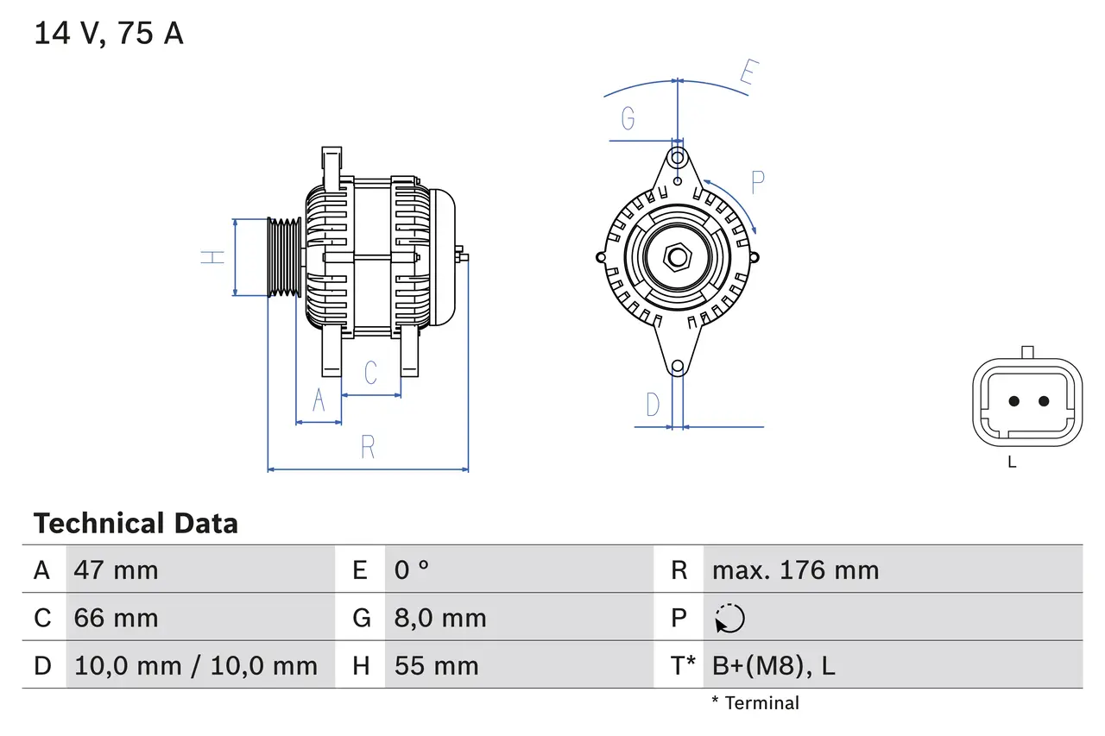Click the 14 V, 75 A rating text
click(x=109, y=34)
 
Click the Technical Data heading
click(x=136, y=524)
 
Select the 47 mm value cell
click(x=117, y=570)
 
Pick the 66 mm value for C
click(x=117, y=619)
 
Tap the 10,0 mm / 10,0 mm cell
click(x=196, y=666)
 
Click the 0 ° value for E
click(x=412, y=570)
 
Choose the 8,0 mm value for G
click(x=440, y=619)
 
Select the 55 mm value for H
click(x=436, y=666)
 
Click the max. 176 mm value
click(x=795, y=570)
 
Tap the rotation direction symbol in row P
click(x=729, y=619)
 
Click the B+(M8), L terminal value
click(x=773, y=666)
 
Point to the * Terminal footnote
click(x=755, y=703)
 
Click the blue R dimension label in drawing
click(x=369, y=448)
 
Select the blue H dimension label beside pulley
click(x=212, y=256)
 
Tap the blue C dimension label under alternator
click(x=371, y=373)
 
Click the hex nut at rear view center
click(x=678, y=257)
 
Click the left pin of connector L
click(x=1014, y=401)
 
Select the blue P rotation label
click(x=758, y=183)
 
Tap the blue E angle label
click(x=748, y=75)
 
